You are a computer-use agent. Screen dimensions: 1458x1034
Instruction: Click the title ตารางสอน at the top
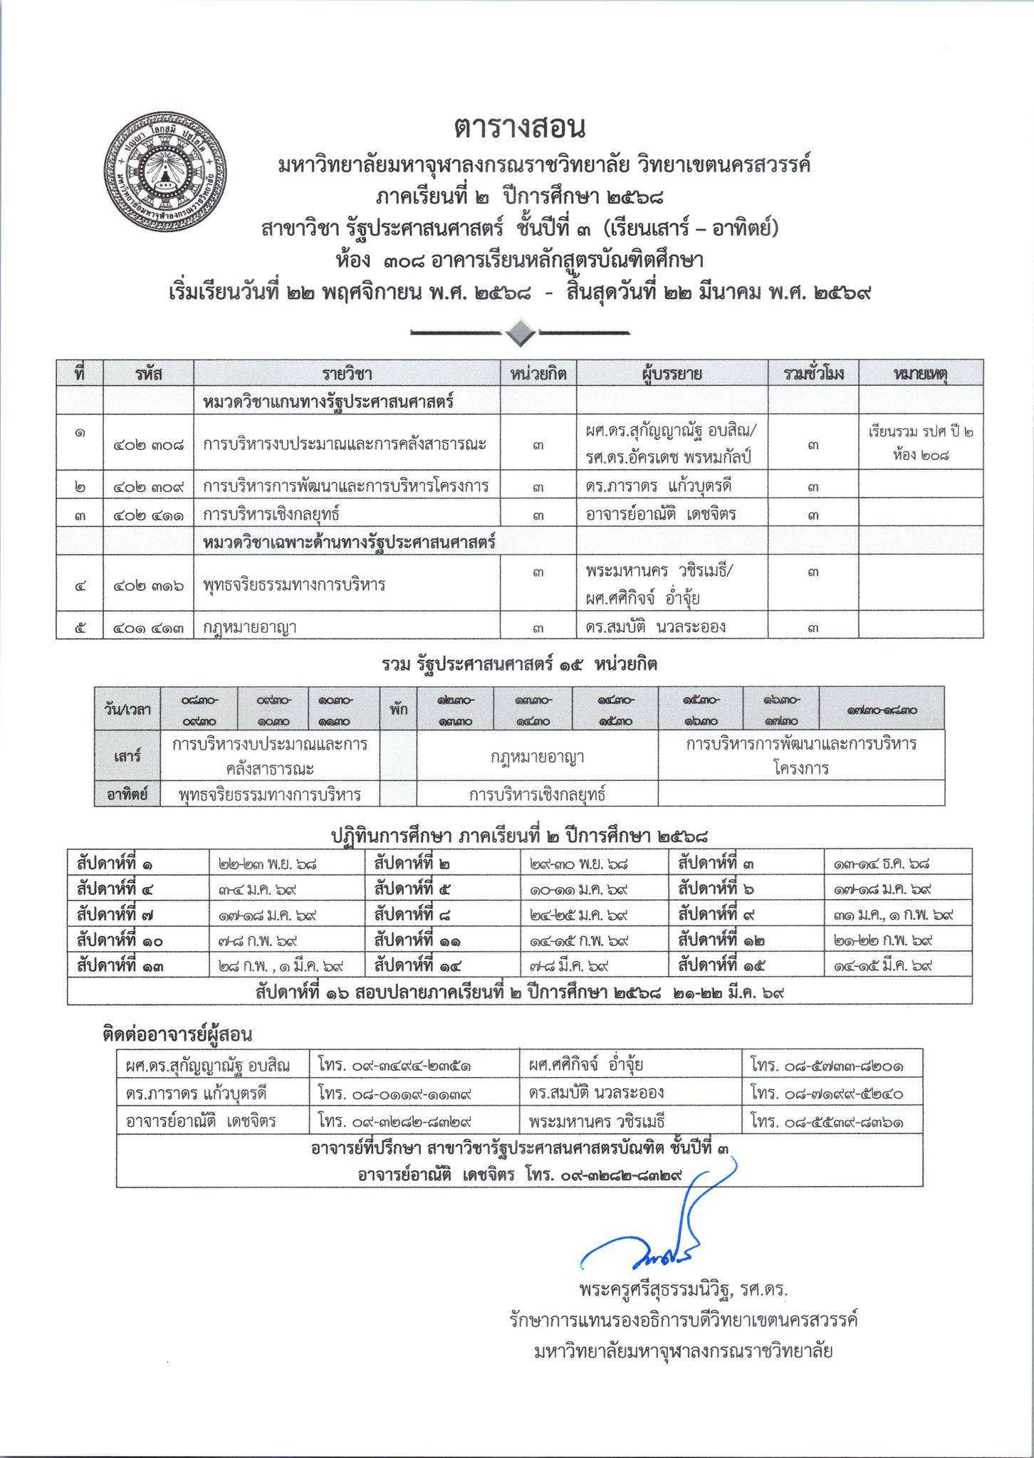pos(519,128)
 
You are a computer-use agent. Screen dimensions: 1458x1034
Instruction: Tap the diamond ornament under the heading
pos(520,332)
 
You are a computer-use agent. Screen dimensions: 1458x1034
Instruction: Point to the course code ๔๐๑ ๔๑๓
pos(148,627)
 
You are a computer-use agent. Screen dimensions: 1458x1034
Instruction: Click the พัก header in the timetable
pos(399,709)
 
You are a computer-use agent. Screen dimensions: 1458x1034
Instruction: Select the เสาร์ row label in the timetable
pos(127,756)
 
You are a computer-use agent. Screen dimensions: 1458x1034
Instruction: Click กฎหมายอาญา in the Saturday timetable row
pos(538,756)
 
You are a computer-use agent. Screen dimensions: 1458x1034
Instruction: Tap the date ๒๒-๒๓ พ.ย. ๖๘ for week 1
pos(267,864)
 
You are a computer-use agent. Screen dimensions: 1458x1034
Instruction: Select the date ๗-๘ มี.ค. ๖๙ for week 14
pos(570,965)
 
